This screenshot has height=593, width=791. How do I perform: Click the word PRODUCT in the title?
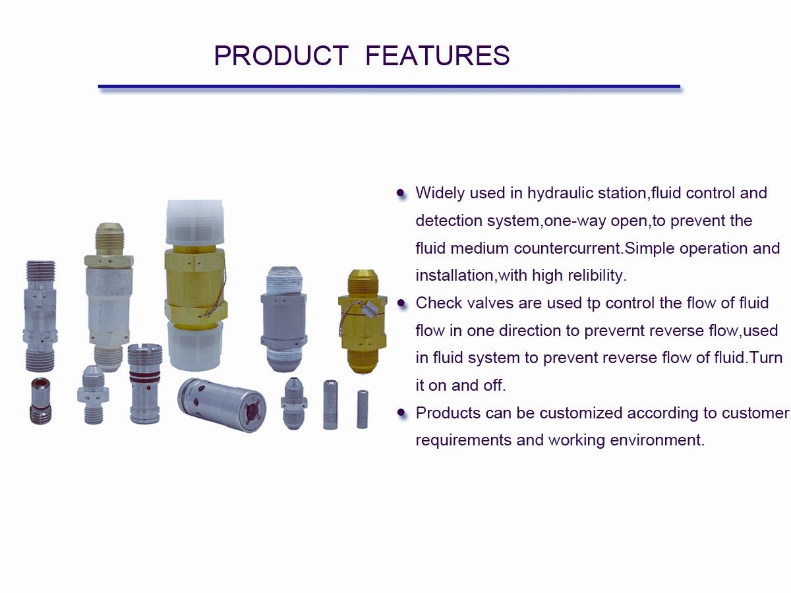tap(281, 56)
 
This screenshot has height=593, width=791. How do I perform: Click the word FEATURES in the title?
tap(437, 56)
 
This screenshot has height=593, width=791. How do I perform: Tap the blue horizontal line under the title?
tap(389, 86)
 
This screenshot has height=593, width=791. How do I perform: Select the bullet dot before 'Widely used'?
tap(401, 194)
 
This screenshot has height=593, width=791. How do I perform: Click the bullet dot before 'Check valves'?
tap(401, 304)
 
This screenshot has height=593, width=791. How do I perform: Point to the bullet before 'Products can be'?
tap(401, 413)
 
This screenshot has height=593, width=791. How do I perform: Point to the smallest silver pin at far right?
tap(362, 409)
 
